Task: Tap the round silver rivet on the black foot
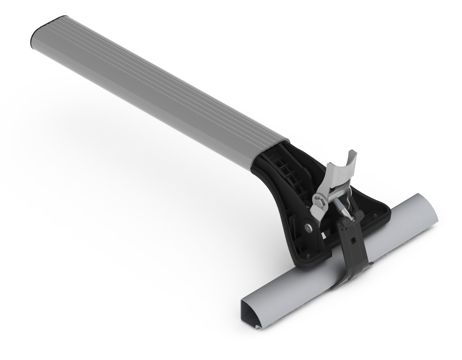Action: coord(309,227)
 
